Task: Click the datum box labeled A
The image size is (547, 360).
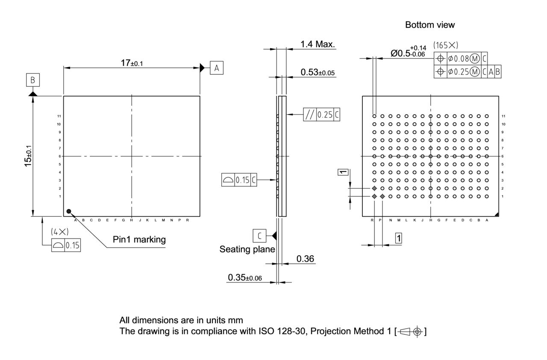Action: [217, 68]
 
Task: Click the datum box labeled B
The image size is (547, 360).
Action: [33, 80]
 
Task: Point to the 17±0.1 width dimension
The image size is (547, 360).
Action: [132, 63]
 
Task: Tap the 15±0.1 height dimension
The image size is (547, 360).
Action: [29, 156]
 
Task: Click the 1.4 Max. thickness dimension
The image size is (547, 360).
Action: [318, 44]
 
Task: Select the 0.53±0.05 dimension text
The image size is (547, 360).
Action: [318, 72]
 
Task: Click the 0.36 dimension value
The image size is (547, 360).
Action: [306, 259]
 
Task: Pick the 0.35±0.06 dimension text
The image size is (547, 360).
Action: [245, 277]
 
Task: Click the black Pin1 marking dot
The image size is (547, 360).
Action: [68, 211]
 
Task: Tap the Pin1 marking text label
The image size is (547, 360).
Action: [139, 239]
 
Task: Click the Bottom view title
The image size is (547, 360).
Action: [430, 25]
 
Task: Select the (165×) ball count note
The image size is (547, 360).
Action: [445, 45]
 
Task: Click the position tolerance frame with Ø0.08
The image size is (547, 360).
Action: [461, 59]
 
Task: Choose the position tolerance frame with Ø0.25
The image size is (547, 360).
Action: [468, 72]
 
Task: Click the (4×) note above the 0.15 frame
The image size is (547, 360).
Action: [59, 232]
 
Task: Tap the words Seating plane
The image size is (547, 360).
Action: [247, 249]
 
